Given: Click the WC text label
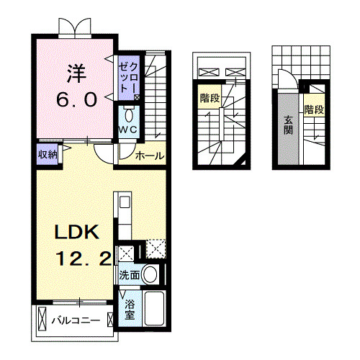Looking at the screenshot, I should point(128,129).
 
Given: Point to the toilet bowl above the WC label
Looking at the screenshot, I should point(129,114).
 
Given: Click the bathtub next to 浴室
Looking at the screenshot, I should point(154,310).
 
